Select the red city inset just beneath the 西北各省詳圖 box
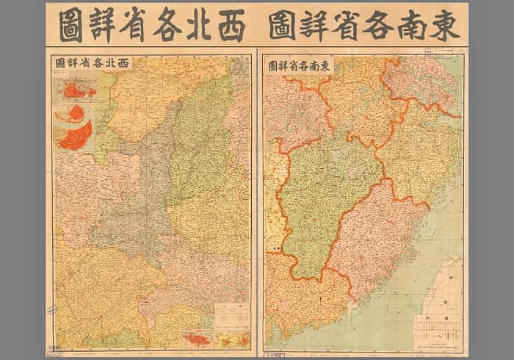(x=73, y=90)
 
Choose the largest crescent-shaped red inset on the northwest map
(x=76, y=135)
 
